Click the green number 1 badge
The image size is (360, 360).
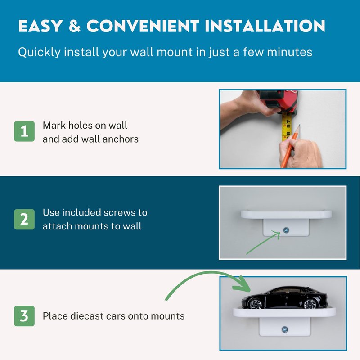pos(24,131)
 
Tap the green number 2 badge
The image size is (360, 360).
pos(24,219)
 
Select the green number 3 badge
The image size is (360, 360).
pos(24,316)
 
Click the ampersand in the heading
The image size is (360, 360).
pos(75,26)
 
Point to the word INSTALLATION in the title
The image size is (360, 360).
pos(265,26)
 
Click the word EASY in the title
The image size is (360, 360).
pos(40,26)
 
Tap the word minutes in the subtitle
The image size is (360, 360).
pos(289,52)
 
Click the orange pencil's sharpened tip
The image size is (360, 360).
pos(300,125)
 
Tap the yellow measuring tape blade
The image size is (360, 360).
pos(287,127)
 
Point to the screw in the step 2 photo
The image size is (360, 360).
pos(286,230)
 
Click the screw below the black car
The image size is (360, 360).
pos(285,330)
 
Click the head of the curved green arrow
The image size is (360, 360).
pos(243,285)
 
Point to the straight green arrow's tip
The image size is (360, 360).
pos(280,232)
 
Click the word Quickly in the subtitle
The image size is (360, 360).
pos(39,52)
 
